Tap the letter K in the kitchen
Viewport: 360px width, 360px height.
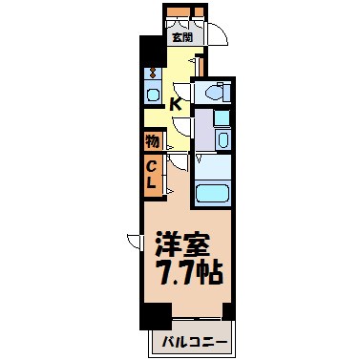tap(176, 104)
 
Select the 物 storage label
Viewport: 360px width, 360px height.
tap(153, 140)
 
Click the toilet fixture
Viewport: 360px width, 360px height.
tap(214, 93)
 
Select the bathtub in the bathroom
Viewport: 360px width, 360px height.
tap(213, 195)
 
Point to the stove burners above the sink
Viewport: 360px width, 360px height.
tap(153, 73)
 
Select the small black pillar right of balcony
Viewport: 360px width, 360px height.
tap(228, 311)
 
